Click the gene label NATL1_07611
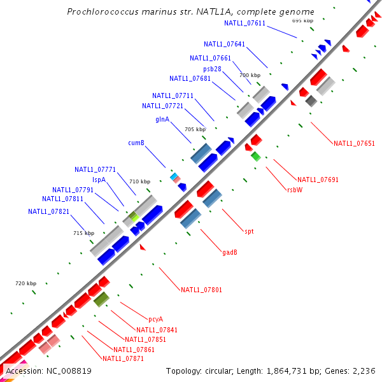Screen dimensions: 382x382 coord(244,23)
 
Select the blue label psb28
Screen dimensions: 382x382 coord(213,69)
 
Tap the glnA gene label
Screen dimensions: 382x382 coord(162,119)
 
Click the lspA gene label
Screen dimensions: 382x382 coord(99,180)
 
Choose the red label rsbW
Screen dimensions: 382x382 coord(294,189)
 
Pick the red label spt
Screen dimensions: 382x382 coord(249,231)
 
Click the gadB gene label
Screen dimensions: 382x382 coord(230,251)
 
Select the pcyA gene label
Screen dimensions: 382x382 coord(155,319)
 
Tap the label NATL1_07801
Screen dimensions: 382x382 coord(201,290)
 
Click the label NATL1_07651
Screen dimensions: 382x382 coord(354,143)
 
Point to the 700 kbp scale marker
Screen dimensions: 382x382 coord(250,75)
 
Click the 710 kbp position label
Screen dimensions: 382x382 coord(140,181)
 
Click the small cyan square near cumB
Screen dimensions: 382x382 coord(173,175)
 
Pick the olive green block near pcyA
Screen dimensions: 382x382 coord(101,299)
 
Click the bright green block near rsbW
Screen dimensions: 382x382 coord(256,156)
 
